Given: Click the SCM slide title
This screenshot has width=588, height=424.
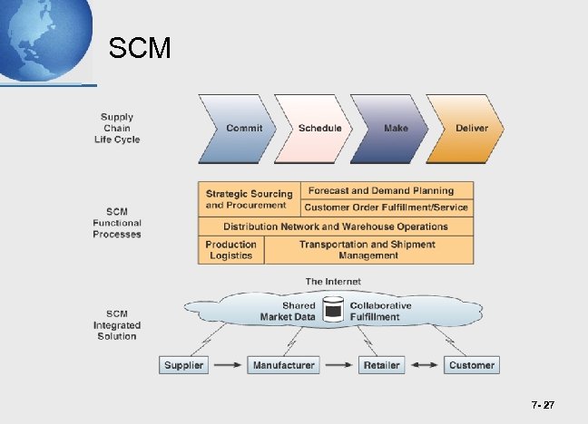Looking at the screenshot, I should point(139,48).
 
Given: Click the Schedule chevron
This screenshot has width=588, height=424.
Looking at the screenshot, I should point(319,128).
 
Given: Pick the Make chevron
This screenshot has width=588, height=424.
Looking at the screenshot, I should point(395,128).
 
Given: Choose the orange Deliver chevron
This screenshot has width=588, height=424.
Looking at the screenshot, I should point(470,128).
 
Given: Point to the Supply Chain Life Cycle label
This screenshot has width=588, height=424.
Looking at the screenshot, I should point(117,128).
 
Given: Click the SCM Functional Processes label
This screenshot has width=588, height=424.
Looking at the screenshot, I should point(117,223).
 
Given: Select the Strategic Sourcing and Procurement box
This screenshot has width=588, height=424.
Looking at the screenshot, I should point(249,199).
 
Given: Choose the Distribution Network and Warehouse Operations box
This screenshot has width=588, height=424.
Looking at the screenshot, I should point(336,226).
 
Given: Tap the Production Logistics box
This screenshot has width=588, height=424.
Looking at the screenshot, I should point(230,250).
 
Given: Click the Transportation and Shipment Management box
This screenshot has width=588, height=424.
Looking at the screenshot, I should point(367,250).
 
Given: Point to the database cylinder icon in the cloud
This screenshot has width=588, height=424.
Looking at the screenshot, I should point(335,310).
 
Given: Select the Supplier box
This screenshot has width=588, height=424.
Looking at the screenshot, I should point(183,365).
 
